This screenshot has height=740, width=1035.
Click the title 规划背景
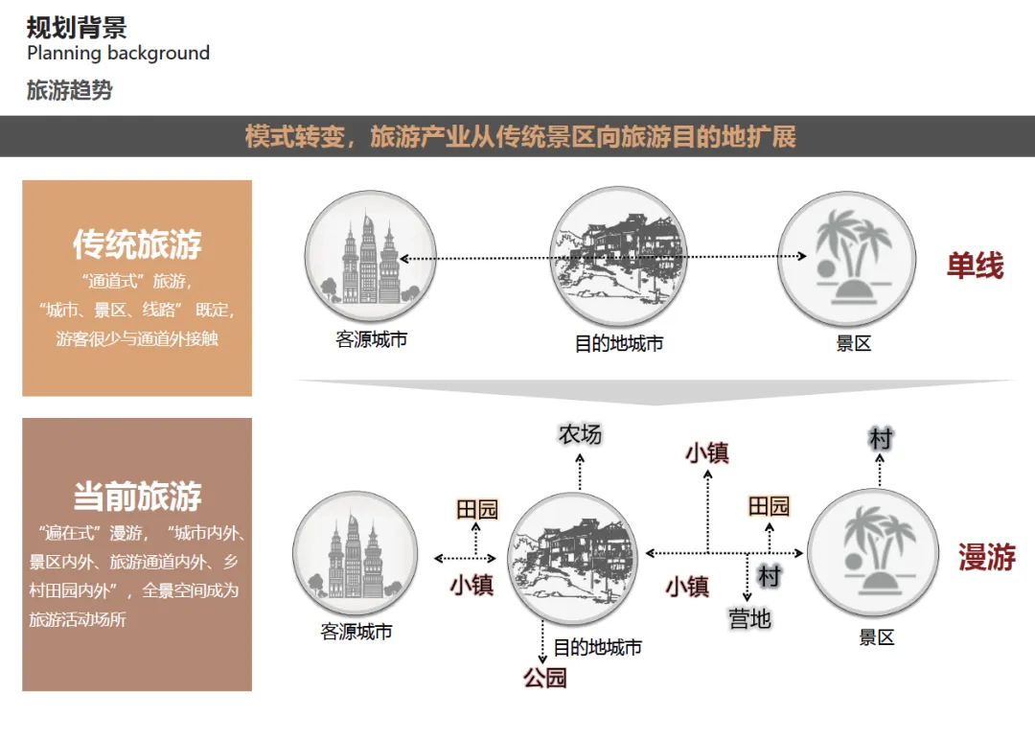point(76,28)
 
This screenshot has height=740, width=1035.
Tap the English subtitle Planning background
point(118,54)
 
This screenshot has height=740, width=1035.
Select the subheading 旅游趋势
point(69,91)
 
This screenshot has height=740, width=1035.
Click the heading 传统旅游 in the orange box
point(137,244)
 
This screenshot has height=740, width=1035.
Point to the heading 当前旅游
point(137,497)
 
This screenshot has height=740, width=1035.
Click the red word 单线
point(975,266)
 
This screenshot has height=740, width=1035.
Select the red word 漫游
point(986,558)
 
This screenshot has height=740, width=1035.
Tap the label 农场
point(580,434)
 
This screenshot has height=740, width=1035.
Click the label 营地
point(749,619)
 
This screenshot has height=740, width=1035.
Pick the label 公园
point(544,678)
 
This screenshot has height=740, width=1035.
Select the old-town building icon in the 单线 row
point(617,256)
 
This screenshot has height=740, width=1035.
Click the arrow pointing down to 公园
point(543,643)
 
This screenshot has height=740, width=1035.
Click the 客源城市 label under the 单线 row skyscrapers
point(371,339)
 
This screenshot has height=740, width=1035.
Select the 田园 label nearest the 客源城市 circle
point(476,509)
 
